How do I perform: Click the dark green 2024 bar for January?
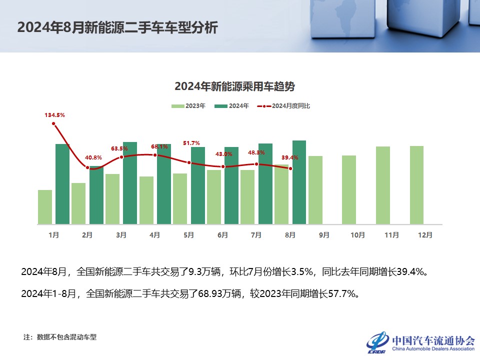62,184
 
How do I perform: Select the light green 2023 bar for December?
416,185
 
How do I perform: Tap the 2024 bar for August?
299,182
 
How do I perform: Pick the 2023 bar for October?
349,190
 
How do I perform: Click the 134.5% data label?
55,115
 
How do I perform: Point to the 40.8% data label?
93,157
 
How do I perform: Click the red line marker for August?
290,168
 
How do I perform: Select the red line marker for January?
53,123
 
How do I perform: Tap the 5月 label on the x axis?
188,234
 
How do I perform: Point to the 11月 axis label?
391,234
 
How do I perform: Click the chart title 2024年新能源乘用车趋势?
234,86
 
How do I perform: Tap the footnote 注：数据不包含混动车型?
60,337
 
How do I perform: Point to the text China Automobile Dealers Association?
433,349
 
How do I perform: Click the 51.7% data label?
191,143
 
